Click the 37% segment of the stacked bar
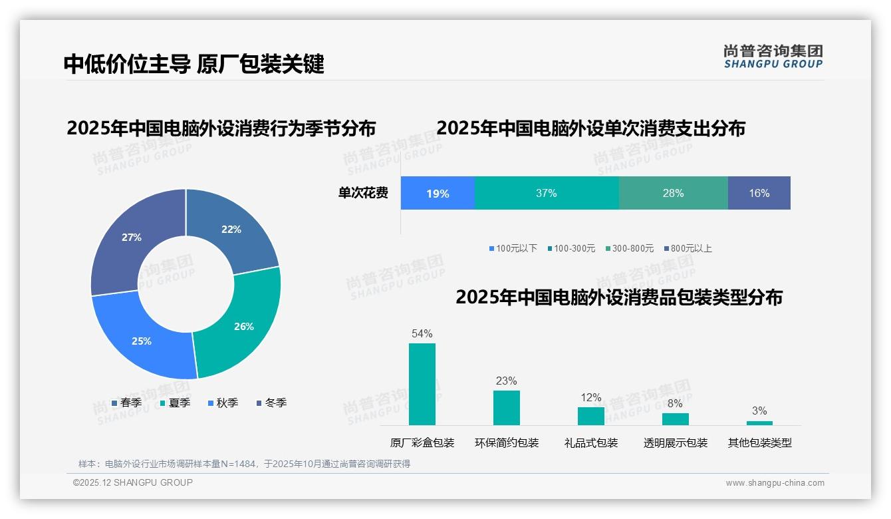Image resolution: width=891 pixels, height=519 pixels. click(x=547, y=193)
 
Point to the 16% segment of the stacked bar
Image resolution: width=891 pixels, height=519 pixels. click(x=759, y=193)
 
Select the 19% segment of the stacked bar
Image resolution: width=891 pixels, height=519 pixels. click(x=438, y=193)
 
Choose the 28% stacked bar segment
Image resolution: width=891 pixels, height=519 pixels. click(x=673, y=193)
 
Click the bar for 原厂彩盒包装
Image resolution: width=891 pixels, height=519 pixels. click(x=422, y=384)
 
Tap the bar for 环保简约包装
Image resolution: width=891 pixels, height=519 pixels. click(x=507, y=407)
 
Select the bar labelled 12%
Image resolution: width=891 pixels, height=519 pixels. click(x=591, y=416)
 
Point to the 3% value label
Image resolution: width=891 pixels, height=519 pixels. click(x=759, y=411)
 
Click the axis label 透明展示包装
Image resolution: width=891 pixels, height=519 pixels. click(x=676, y=442)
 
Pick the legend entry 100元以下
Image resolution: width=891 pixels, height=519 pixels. click(x=513, y=248)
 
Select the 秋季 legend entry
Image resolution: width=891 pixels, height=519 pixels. click(x=223, y=403)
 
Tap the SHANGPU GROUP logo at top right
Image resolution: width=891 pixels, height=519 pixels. click(x=773, y=57)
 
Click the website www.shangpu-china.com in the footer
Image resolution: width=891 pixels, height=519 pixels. click(x=775, y=482)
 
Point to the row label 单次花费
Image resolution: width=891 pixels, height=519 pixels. click(x=363, y=193)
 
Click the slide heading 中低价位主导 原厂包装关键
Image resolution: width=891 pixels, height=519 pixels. click(x=193, y=64)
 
